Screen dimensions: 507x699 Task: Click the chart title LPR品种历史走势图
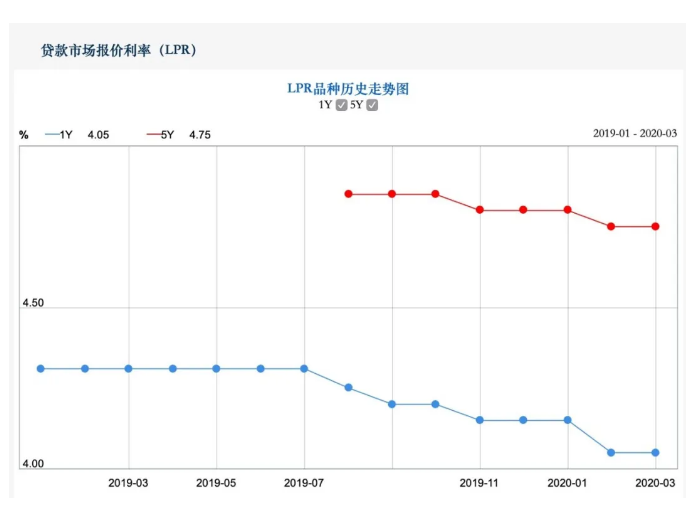point(348,88)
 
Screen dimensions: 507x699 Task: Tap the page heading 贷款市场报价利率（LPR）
point(118,49)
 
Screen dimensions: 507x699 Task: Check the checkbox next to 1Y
point(342,105)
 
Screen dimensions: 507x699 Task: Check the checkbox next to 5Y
point(372,105)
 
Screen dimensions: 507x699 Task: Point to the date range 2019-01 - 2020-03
point(634,134)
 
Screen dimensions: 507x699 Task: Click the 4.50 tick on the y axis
point(33,303)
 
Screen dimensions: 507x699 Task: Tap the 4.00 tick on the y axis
point(33,464)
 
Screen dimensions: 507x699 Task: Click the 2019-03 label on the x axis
point(128,483)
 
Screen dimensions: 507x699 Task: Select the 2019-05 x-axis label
point(216,483)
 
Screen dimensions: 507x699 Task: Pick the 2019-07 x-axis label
point(304,483)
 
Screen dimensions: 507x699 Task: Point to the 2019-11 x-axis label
point(480,483)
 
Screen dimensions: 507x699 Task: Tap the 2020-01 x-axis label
point(568,483)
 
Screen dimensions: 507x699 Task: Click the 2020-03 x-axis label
point(655,483)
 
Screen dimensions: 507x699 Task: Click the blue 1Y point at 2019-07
point(304,368)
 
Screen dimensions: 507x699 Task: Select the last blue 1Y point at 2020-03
point(655,452)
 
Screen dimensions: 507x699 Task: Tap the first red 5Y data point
point(348,194)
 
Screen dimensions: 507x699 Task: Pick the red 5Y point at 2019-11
point(480,210)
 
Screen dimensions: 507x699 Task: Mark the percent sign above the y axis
point(24,134)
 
